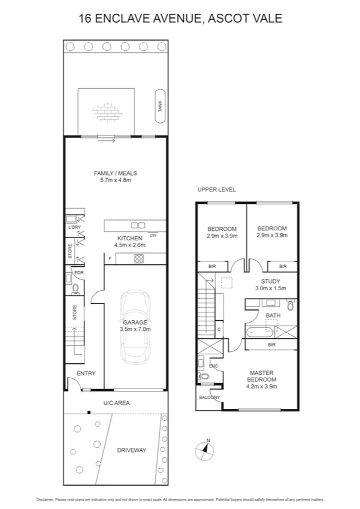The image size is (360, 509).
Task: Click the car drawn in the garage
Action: (x=135, y=327)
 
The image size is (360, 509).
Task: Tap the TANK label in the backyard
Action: (x=159, y=107)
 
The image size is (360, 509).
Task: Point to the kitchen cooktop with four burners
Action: (x=139, y=258)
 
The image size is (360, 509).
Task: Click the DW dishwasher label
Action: (x=153, y=236)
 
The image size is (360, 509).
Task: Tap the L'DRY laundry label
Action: (x=74, y=227)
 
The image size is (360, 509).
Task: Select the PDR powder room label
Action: (x=78, y=273)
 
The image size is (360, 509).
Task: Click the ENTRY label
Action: (x=86, y=374)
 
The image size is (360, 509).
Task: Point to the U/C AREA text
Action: (x=116, y=403)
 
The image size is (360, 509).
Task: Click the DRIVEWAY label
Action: (x=131, y=450)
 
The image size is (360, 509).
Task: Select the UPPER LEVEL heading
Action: (x=216, y=189)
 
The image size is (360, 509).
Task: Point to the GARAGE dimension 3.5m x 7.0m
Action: (x=135, y=329)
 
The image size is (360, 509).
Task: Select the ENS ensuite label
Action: (x=213, y=365)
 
